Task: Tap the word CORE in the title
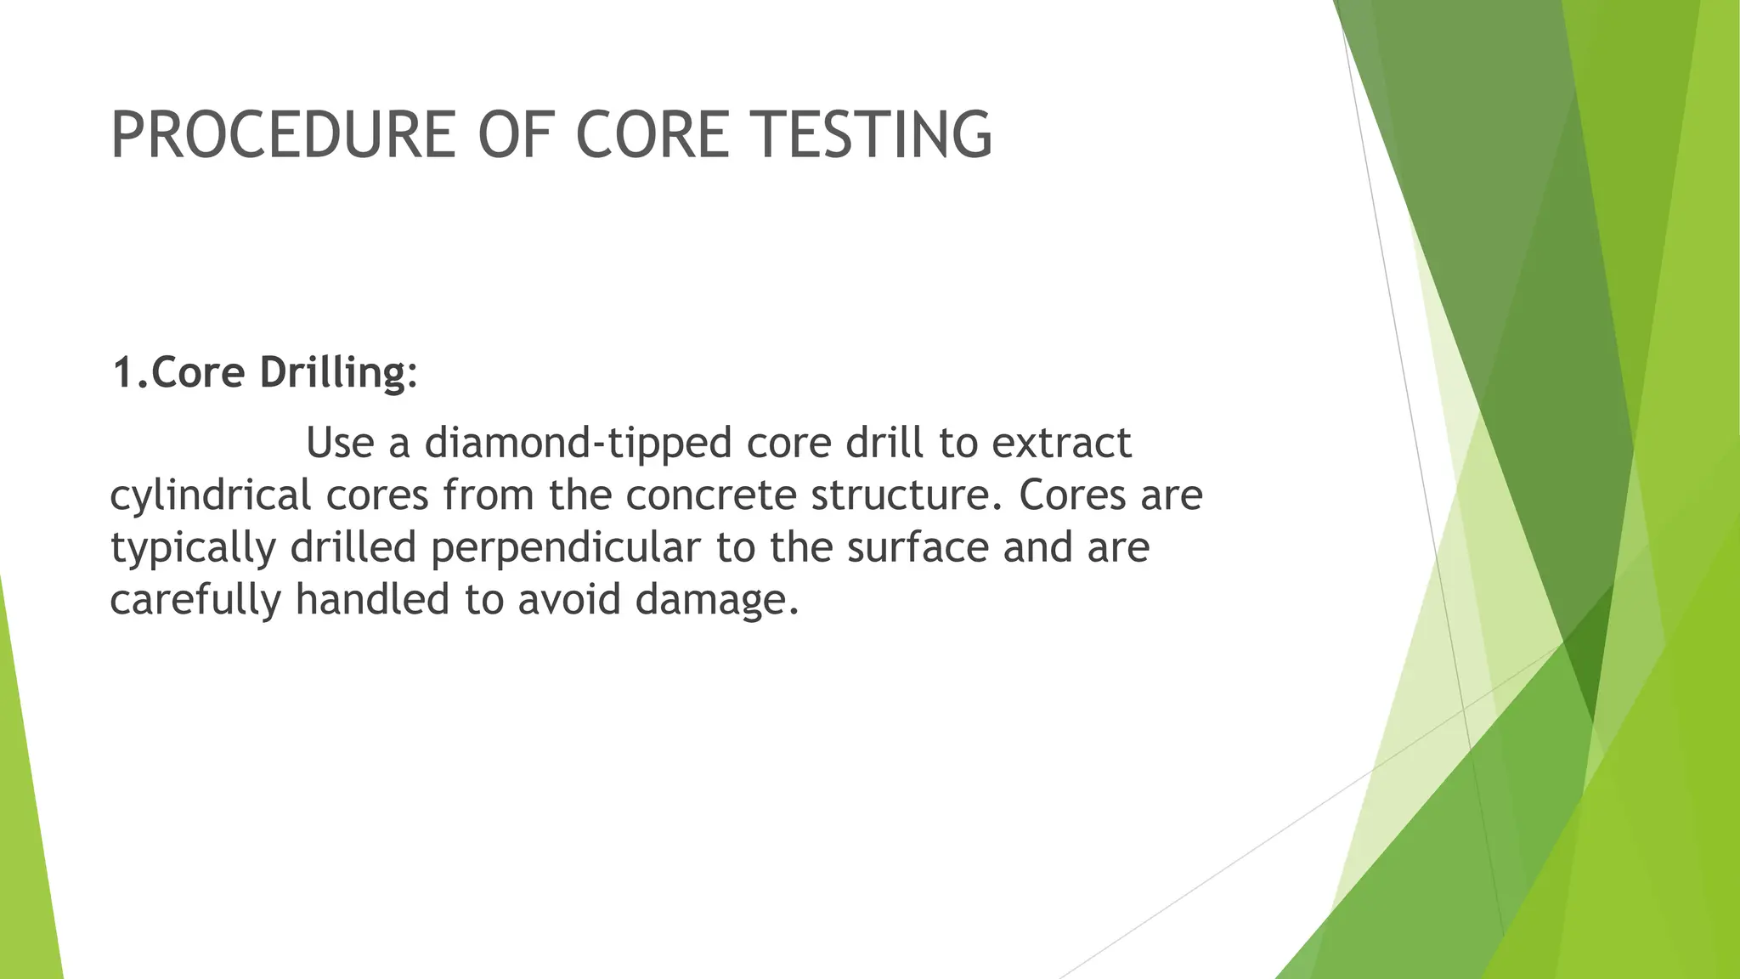coord(652,135)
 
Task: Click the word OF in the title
coord(515,135)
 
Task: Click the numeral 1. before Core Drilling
coord(130,372)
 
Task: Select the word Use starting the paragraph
coord(340,443)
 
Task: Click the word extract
coord(1061,443)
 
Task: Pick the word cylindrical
coord(210,495)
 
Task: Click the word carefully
coord(195,601)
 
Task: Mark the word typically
coord(193,548)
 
